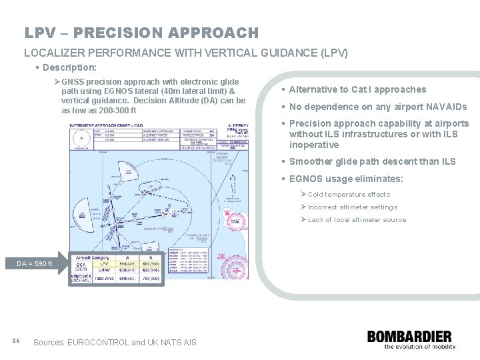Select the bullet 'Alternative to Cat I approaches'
tap(357, 89)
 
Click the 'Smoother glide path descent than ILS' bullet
tap(372, 161)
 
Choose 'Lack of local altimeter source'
tap(356, 219)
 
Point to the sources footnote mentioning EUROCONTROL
tap(115, 342)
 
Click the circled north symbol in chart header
tap(81, 137)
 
